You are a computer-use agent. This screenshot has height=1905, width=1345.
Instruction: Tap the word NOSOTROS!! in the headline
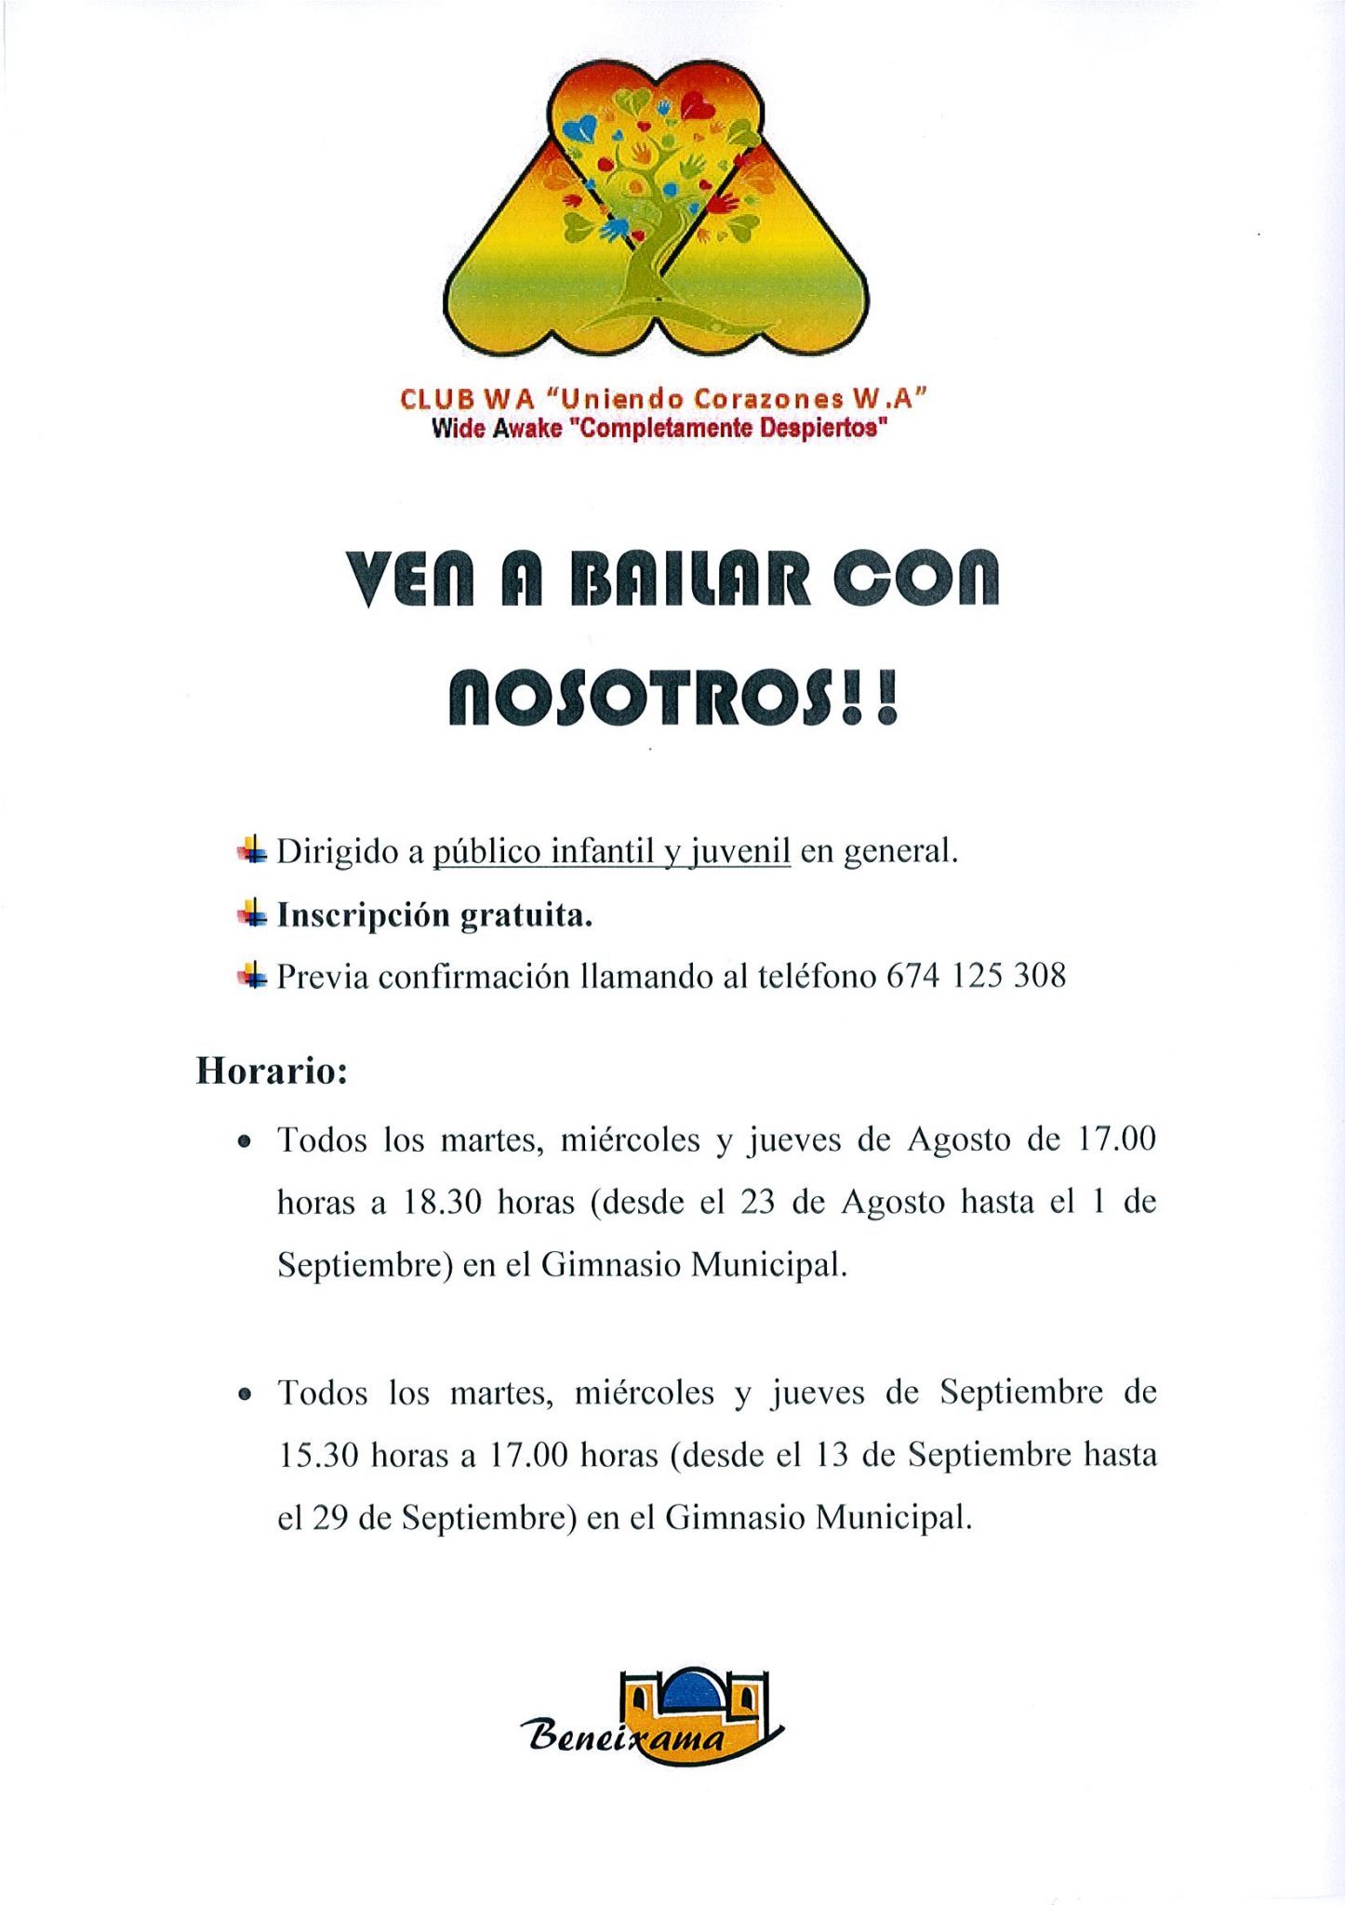[x=673, y=699]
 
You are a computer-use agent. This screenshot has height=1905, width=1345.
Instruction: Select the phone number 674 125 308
[x=976, y=976]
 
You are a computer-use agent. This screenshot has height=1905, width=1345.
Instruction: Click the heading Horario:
[x=272, y=1072]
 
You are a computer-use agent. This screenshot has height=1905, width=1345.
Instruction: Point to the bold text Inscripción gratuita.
[x=434, y=916]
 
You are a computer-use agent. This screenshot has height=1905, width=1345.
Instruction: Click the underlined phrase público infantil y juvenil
[x=612, y=851]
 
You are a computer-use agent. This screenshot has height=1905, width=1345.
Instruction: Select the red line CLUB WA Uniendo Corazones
[x=664, y=399]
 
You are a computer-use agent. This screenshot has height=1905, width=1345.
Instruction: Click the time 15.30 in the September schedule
[x=318, y=1456]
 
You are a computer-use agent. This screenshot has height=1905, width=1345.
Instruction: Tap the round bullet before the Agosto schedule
[x=245, y=1142]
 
